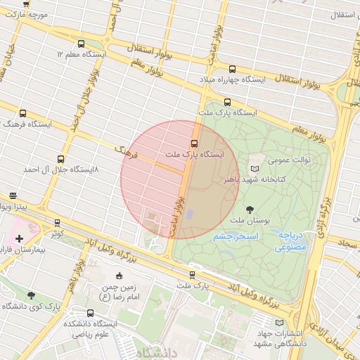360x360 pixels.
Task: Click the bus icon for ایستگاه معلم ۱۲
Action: pyautogui.click(x=81, y=44)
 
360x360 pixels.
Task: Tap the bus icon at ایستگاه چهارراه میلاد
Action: pyautogui.click(x=233, y=68)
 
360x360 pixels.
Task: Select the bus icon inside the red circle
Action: pyautogui.click(x=195, y=143)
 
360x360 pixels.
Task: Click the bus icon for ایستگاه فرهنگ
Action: pyautogui.click(x=23, y=113)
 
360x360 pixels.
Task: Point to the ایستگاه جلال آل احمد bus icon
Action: pyautogui.click(x=60, y=159)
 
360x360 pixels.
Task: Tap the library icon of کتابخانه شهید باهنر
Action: pyautogui.click(x=254, y=169)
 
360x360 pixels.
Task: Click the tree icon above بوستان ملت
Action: pyautogui.click(x=250, y=209)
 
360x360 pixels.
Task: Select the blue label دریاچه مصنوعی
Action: pyautogui.click(x=290, y=241)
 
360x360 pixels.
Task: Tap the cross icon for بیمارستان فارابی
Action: pyautogui.click(x=19, y=239)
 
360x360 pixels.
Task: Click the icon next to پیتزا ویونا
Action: pyautogui.click(x=13, y=196)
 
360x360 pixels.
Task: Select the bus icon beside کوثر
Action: pyautogui.click(x=57, y=222)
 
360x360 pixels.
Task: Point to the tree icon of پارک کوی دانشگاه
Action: pyautogui.click(x=31, y=295)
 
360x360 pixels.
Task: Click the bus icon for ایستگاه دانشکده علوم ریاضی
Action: pyautogui.click(x=90, y=313)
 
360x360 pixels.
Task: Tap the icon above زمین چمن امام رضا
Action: pyautogui.click(x=118, y=275)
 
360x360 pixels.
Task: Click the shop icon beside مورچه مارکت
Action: pyautogui.click(x=26, y=4)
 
